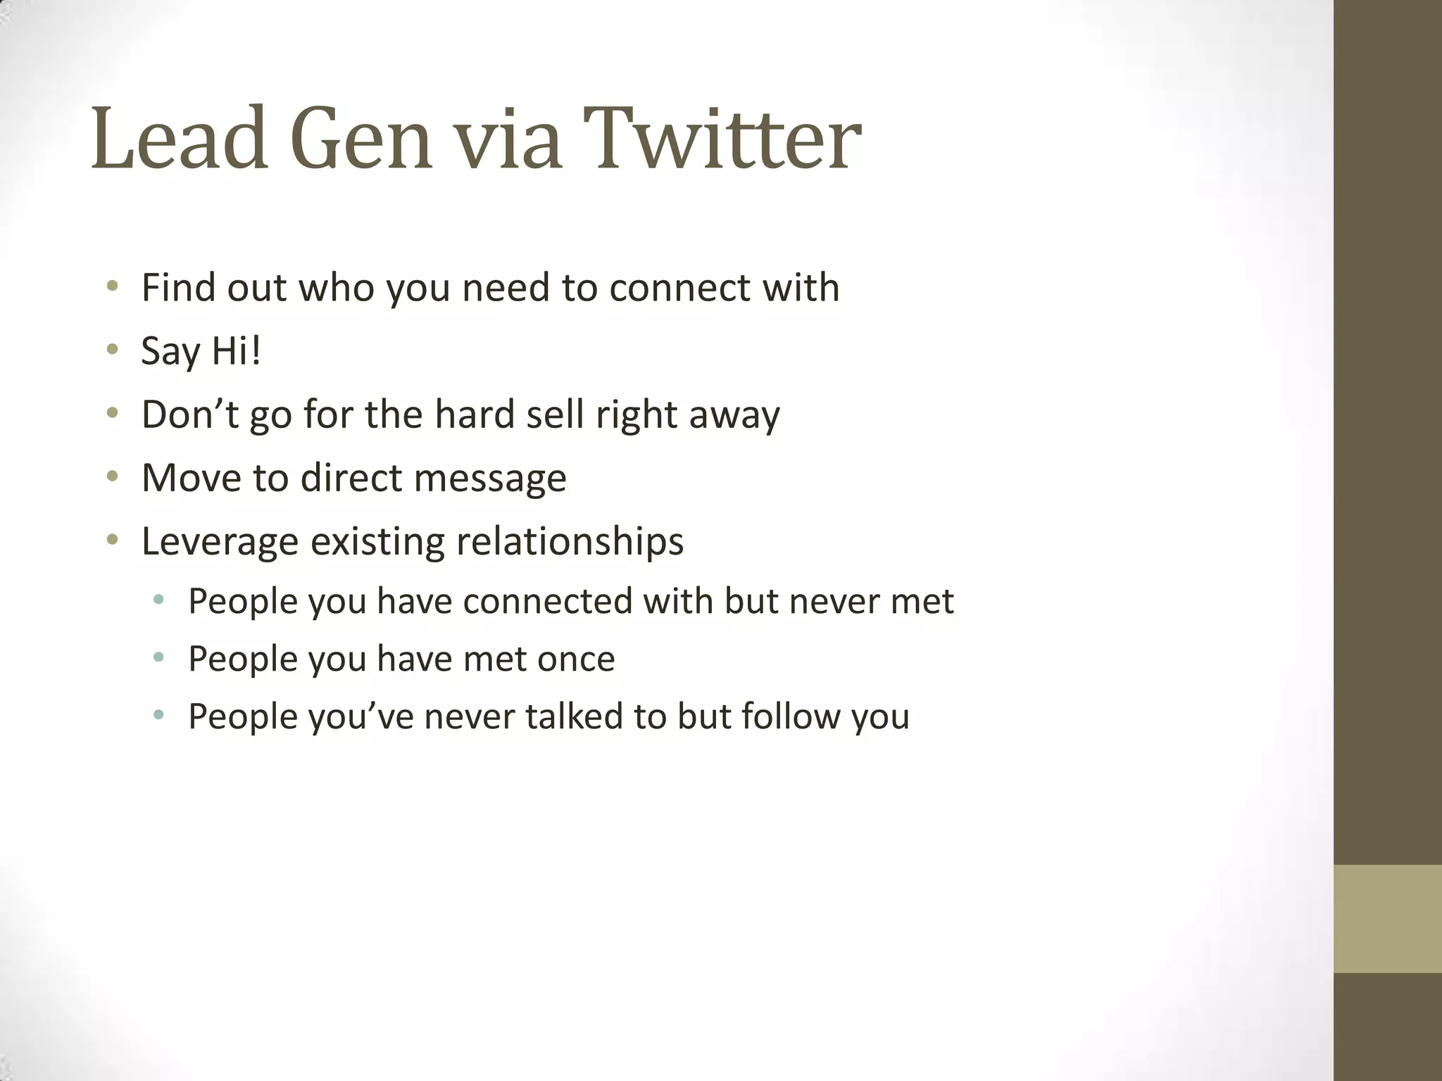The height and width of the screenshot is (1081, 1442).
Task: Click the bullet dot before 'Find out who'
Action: point(112,287)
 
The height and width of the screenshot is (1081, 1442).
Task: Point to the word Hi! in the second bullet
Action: point(236,350)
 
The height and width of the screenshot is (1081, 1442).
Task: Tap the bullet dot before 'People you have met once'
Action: point(158,658)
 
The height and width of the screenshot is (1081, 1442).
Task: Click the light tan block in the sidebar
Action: point(1387,918)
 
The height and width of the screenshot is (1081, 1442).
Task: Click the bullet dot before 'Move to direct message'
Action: point(112,477)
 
